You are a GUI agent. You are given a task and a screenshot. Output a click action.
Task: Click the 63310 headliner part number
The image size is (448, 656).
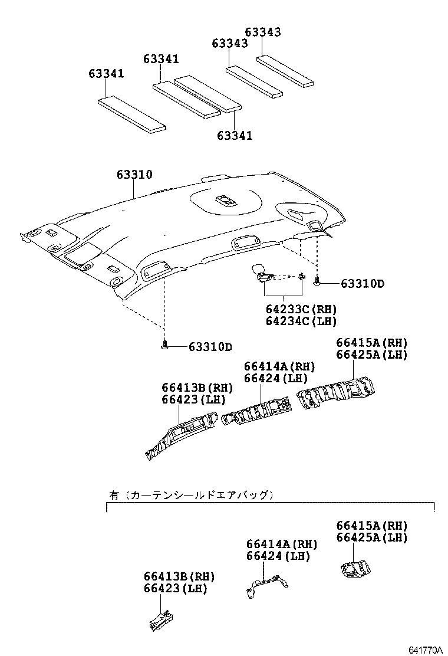pos(134,175)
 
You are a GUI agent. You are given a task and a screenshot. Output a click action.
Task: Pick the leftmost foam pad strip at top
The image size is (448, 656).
pos(131,114)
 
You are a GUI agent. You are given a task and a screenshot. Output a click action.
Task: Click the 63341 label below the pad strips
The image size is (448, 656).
pos(234,136)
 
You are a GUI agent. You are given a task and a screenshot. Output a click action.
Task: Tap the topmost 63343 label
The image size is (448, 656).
pos(263,32)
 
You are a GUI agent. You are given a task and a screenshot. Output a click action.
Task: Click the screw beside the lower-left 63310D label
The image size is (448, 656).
pos(165,345)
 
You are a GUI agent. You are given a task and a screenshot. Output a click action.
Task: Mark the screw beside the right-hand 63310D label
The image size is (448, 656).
pos(317,283)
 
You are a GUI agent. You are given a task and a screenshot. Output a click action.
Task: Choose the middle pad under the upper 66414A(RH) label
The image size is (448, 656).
pos(257,411)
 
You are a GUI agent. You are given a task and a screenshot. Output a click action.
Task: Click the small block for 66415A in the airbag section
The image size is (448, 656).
pos(354,568)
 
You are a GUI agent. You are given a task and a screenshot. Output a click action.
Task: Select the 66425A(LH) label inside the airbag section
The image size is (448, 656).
pos(371,537)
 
